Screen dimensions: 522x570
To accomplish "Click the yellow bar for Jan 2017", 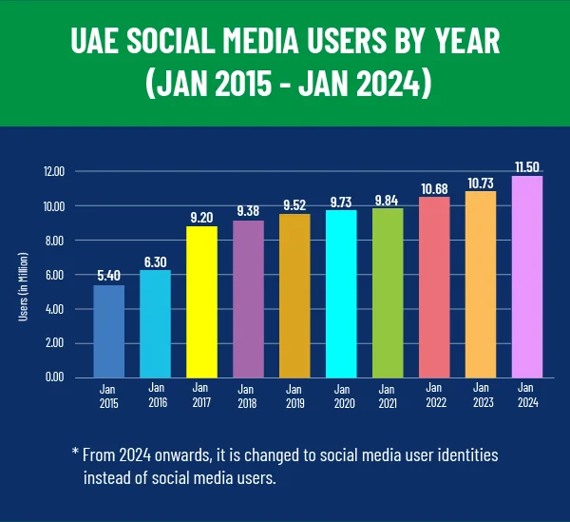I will pyautogui.click(x=201, y=301).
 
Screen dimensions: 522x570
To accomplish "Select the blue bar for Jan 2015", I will pyautogui.click(x=108, y=331).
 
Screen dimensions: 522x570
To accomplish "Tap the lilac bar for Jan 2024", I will pyautogui.click(x=527, y=276).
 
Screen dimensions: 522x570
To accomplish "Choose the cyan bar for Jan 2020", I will pyautogui.click(x=341, y=294).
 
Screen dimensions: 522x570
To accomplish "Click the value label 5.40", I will pyautogui.click(x=108, y=276).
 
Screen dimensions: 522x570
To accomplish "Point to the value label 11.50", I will pyautogui.click(x=527, y=166).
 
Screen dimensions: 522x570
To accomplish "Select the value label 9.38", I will pyautogui.click(x=248, y=211).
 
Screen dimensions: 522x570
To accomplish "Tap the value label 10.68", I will pyautogui.click(x=434, y=186).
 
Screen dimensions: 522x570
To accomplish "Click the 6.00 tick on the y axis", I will pyautogui.click(x=54, y=275).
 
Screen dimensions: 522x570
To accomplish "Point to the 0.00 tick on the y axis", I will pyautogui.click(x=54, y=377).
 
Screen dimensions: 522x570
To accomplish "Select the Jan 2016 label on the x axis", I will pyautogui.click(x=155, y=395).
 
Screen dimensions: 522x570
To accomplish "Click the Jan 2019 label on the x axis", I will pyautogui.click(x=294, y=395).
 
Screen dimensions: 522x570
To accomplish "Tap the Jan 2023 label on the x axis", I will pyautogui.click(x=481, y=395).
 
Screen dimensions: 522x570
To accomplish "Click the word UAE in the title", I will pyautogui.click(x=98, y=44).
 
